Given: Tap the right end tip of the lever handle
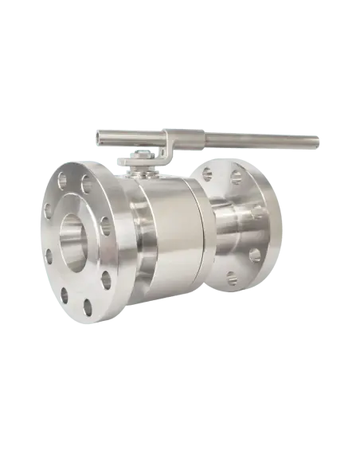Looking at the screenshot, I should [x=321, y=143].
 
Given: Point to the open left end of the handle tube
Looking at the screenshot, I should [x=100, y=139].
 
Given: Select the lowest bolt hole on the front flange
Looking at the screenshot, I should [x=87, y=306].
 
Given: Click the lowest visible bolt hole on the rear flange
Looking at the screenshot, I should [x=231, y=278].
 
